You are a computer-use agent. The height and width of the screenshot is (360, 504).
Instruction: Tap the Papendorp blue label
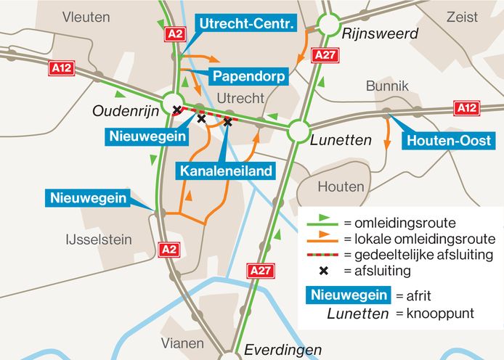248,76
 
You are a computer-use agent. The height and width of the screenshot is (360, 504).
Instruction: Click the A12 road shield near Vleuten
62,68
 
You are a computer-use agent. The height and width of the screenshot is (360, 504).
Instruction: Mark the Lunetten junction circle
298,131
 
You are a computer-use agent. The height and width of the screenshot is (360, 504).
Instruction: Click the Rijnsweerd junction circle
328,25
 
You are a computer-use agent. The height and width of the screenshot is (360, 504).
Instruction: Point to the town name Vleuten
86,17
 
